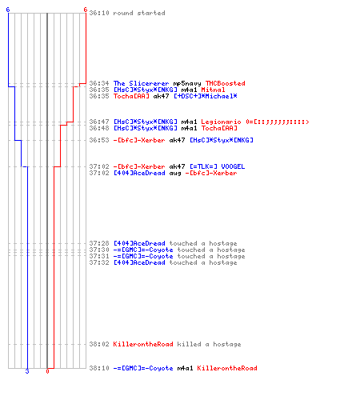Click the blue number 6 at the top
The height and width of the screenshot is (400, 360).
point(8,10)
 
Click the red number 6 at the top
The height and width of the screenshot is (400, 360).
point(85,10)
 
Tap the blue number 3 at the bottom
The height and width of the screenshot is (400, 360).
point(27,371)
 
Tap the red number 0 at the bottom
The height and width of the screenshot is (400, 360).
point(47,371)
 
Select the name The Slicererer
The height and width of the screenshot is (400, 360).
point(141,83)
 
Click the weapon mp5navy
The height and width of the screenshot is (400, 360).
point(187,84)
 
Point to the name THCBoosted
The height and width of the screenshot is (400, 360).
point(225,83)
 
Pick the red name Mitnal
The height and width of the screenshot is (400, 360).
point(213,90)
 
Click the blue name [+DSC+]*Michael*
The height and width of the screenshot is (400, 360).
point(206,96)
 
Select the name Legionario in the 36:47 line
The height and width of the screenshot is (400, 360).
point(221,122)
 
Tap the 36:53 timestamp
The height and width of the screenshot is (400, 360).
point(99,140)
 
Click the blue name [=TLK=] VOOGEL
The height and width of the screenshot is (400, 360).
point(217,166)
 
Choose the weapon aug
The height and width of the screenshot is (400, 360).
point(175,174)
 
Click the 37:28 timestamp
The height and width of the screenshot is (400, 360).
point(99,243)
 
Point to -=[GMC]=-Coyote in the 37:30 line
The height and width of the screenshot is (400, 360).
point(143,250)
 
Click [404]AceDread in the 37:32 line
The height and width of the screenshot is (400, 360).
point(139,262)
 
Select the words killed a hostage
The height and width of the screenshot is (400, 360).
point(209,344)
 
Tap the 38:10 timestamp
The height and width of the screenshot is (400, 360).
point(99,368)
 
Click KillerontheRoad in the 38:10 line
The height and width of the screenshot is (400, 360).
point(227,368)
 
